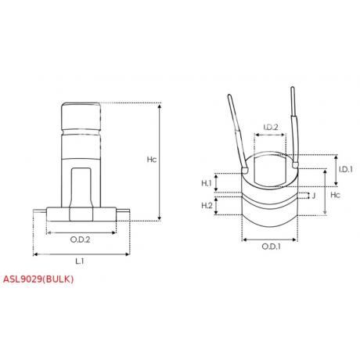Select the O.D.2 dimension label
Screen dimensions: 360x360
click(x=81, y=238)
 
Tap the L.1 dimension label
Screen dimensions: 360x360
click(x=81, y=261)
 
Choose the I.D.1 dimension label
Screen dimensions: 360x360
click(x=345, y=170)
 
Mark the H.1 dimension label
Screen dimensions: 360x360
click(x=207, y=183)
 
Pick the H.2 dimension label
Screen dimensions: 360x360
click(x=207, y=205)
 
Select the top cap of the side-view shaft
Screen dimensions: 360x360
click(x=81, y=117)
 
